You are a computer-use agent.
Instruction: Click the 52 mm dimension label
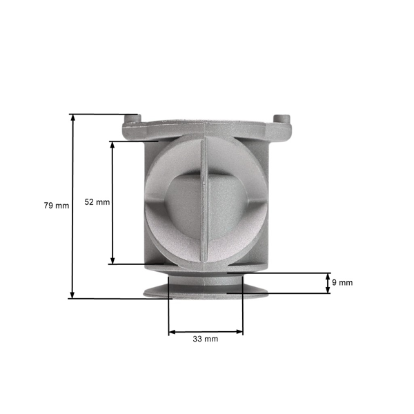(97, 202)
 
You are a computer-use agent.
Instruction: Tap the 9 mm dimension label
(342, 283)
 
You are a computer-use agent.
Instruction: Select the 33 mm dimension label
(206, 339)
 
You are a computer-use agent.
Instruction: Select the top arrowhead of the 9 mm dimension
(328, 275)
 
